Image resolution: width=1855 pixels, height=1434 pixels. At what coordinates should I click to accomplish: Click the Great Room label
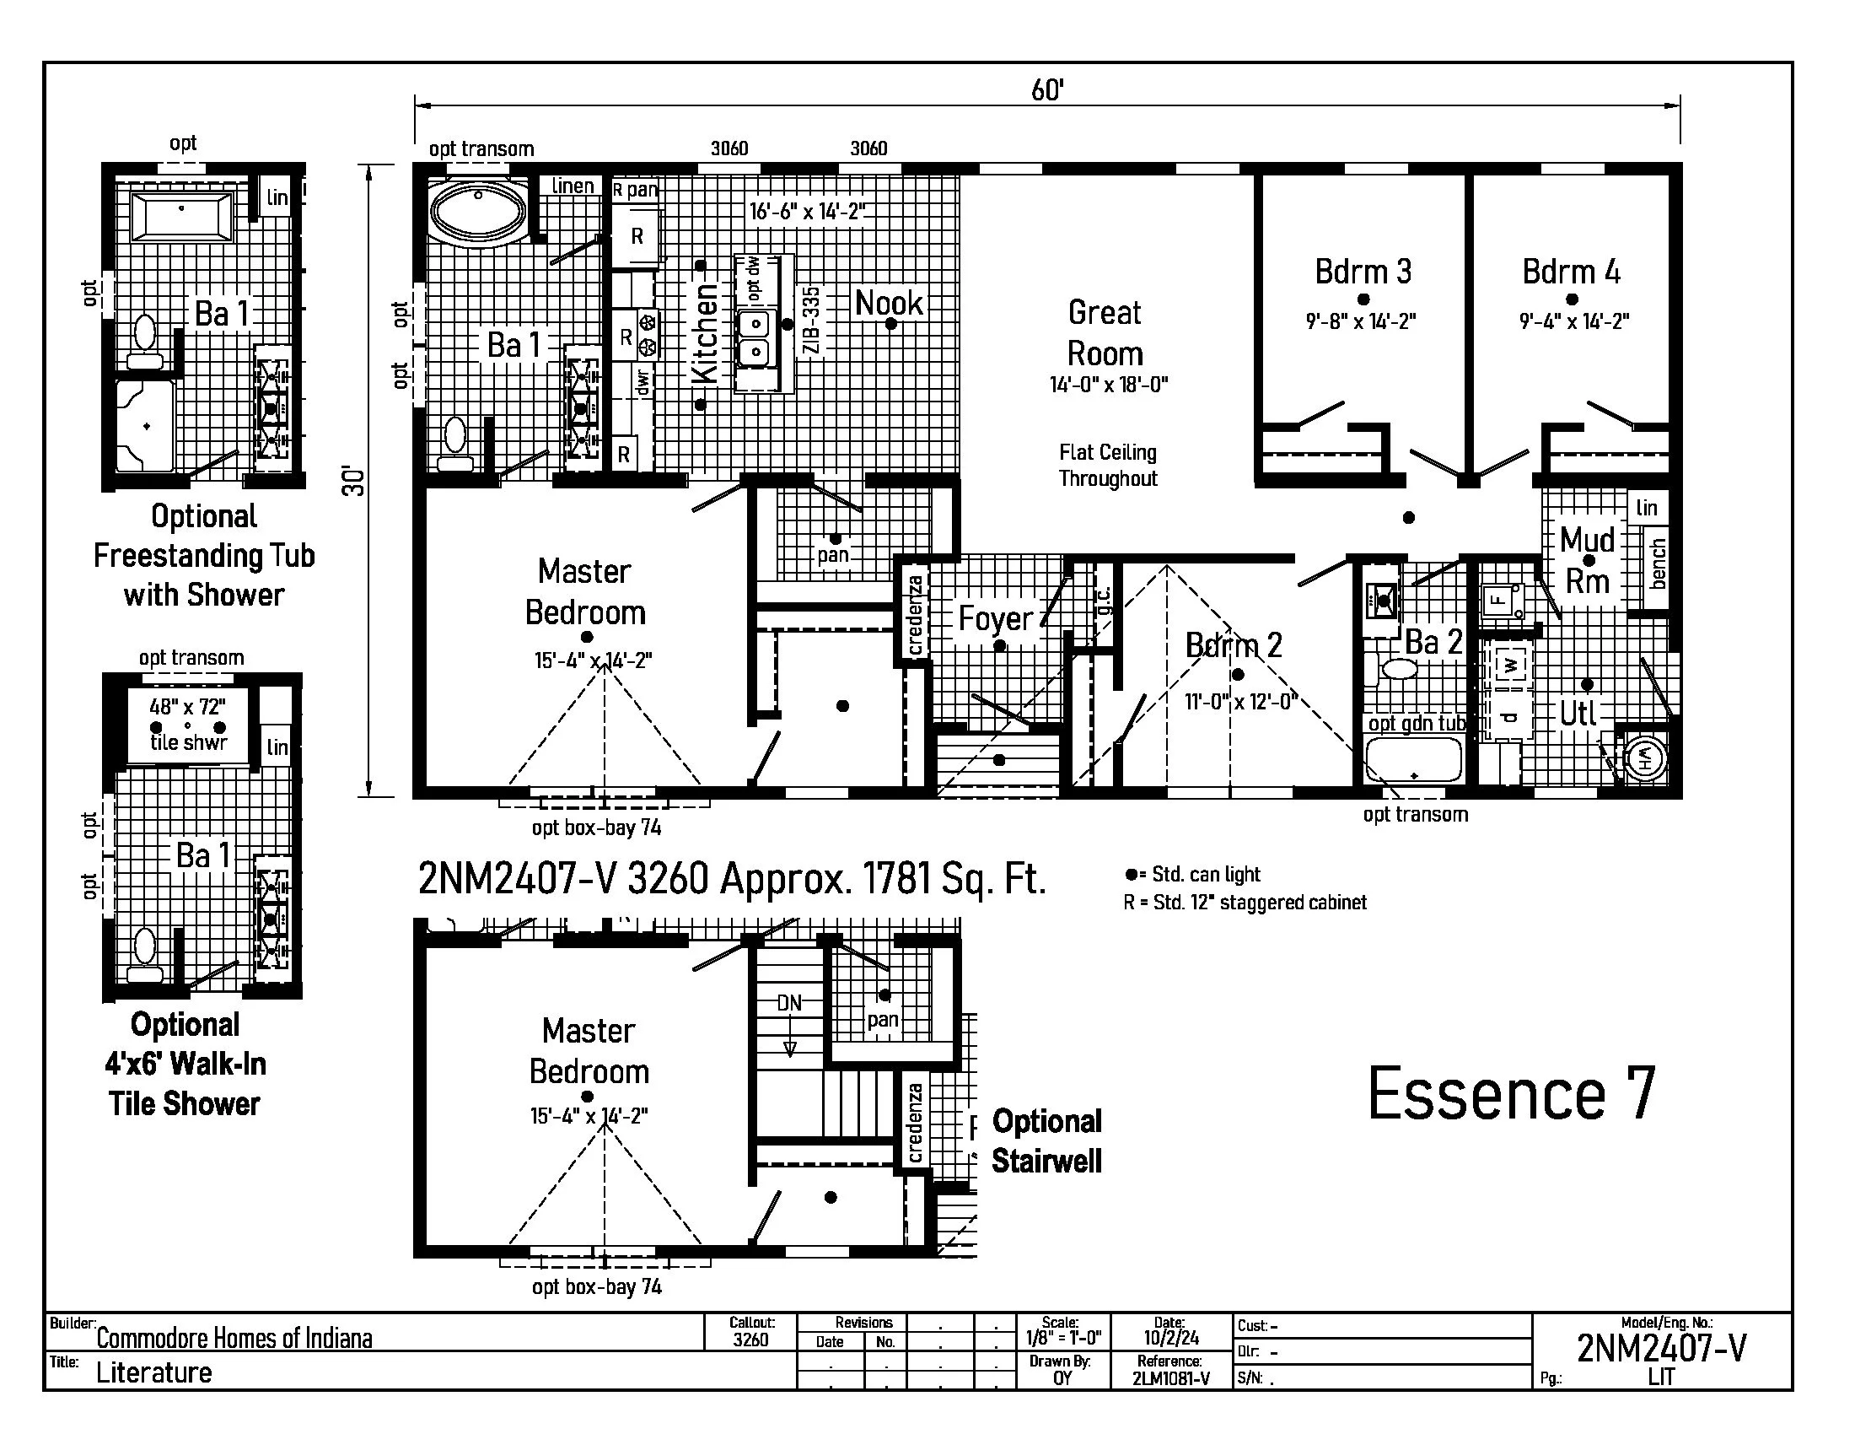1105,333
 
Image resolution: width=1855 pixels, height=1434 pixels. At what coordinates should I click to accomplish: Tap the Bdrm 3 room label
1363,272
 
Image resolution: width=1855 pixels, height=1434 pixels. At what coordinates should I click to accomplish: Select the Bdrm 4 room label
1572,272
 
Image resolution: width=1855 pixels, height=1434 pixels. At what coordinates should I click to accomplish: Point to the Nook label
889,303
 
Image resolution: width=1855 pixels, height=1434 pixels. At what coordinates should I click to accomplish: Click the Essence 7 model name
1512,1093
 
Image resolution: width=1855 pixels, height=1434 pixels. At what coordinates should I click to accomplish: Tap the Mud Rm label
1588,560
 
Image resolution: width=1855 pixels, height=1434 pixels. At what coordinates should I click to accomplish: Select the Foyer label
996,618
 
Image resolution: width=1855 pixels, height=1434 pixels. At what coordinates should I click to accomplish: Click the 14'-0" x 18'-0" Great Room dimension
1109,385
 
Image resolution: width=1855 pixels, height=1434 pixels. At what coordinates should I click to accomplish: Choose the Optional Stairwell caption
1046,1141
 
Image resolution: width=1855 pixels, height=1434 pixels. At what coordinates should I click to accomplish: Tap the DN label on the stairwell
789,1002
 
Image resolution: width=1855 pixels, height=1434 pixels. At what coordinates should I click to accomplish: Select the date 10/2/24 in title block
1170,1338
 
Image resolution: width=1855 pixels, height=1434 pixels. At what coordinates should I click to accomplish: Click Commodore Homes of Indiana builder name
234,1339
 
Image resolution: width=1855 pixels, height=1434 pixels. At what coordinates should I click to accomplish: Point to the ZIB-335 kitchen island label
812,321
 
